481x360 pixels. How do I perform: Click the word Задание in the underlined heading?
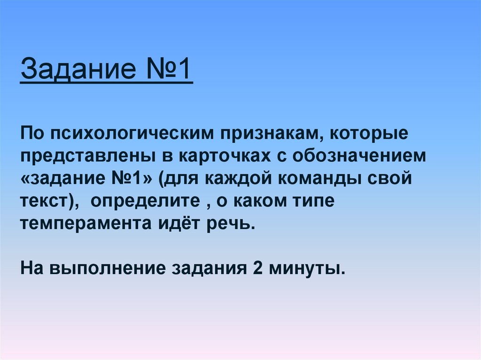(75, 69)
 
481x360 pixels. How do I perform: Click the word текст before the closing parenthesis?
(44, 201)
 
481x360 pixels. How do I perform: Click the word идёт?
(176, 222)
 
